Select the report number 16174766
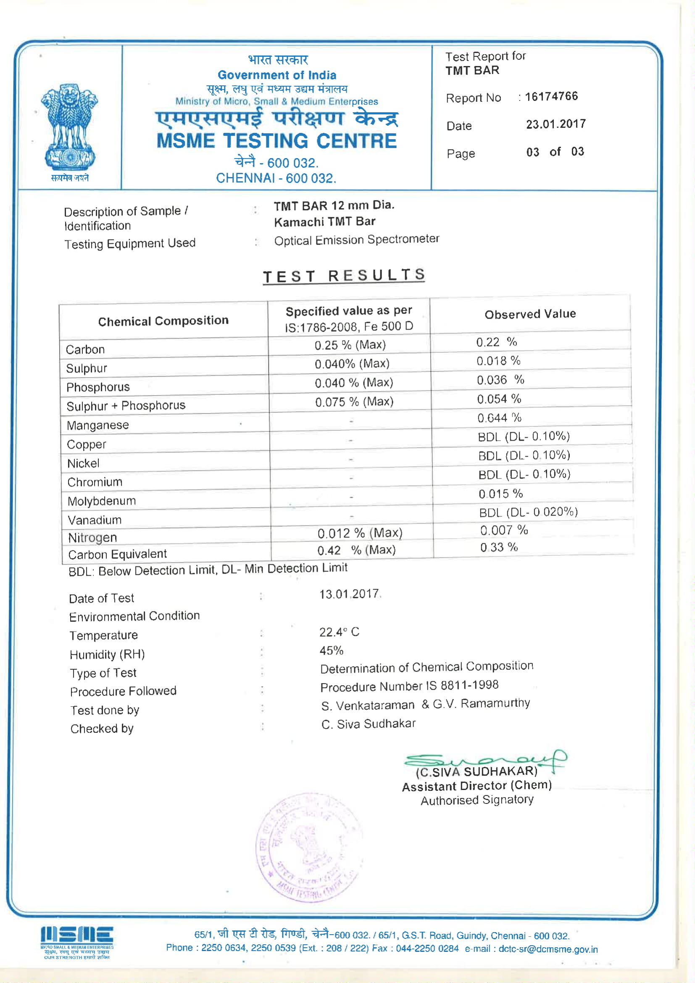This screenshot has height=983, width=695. tap(551, 97)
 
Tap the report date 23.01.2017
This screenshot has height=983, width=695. tap(555, 124)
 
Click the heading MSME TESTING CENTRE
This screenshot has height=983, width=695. tap(276, 141)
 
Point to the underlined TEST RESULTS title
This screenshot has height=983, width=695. tap(344, 276)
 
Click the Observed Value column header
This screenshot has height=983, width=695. tap(530, 314)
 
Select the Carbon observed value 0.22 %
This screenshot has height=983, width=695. tap(496, 342)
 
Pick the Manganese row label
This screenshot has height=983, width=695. tap(97, 425)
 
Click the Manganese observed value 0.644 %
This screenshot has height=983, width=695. tap(499, 418)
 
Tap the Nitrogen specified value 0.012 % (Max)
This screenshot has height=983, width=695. tap(360, 533)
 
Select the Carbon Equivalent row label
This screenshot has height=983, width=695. tap(117, 555)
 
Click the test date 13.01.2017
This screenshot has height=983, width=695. tap(350, 594)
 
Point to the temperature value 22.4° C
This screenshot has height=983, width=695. tap(339, 632)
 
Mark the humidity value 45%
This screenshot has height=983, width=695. tap(331, 651)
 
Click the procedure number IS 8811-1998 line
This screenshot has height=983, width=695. tap(409, 686)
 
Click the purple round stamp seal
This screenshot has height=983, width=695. tap(309, 848)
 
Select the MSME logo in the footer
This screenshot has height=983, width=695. tap(77, 942)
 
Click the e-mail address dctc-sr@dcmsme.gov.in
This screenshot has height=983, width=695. tap(548, 949)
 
